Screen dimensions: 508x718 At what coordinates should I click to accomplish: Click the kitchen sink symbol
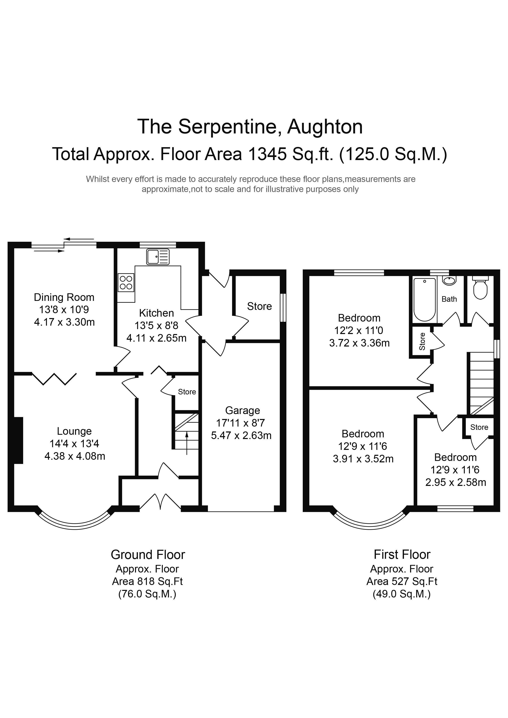[158, 257]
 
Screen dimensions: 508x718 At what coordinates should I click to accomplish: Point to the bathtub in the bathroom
[425, 300]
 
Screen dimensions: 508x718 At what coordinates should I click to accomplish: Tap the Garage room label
[243, 410]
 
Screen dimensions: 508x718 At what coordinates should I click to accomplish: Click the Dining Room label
[64, 297]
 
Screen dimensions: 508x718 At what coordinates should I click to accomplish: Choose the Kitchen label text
[156, 313]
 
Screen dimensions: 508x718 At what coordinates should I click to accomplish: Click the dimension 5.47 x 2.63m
[241, 436]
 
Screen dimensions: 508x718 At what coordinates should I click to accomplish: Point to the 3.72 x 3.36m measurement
[359, 343]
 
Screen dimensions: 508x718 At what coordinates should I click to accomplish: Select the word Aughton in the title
[325, 127]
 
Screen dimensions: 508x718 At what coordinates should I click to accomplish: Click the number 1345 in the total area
[267, 154]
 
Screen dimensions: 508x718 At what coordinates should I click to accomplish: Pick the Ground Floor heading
[148, 555]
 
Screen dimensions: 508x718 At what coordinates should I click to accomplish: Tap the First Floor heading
[402, 555]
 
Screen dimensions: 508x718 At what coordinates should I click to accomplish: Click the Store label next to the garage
[260, 306]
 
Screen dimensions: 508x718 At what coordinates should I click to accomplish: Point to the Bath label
[449, 299]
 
